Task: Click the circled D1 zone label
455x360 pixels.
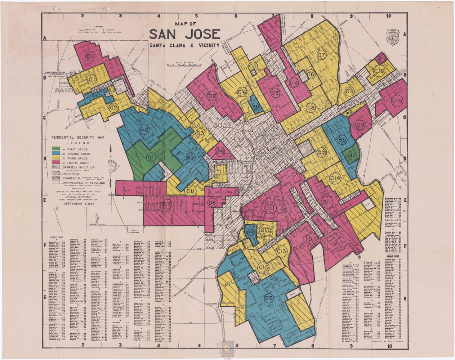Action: pyautogui.click(x=90, y=57)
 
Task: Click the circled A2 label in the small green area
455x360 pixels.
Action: pyautogui.click(x=352, y=155)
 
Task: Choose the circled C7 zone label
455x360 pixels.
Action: pyautogui.click(x=321, y=55)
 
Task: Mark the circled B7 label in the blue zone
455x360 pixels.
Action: pyautogui.click(x=268, y=298)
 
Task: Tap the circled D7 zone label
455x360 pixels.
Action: pyautogui.click(x=166, y=204)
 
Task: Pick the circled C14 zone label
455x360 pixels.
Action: pyautogui.click(x=335, y=178)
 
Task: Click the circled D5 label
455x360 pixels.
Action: pyautogui.click(x=220, y=152)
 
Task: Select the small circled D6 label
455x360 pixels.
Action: pyautogui.click(x=382, y=58)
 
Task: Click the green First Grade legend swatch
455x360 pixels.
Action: pyautogui.click(x=56, y=149)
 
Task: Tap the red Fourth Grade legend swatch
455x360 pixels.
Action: pyautogui.click(x=56, y=163)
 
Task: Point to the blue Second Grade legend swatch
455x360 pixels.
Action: pyautogui.click(x=56, y=154)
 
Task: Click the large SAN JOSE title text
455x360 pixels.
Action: pyautogui.click(x=184, y=34)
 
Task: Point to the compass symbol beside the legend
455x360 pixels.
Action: pyautogui.click(x=112, y=167)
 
